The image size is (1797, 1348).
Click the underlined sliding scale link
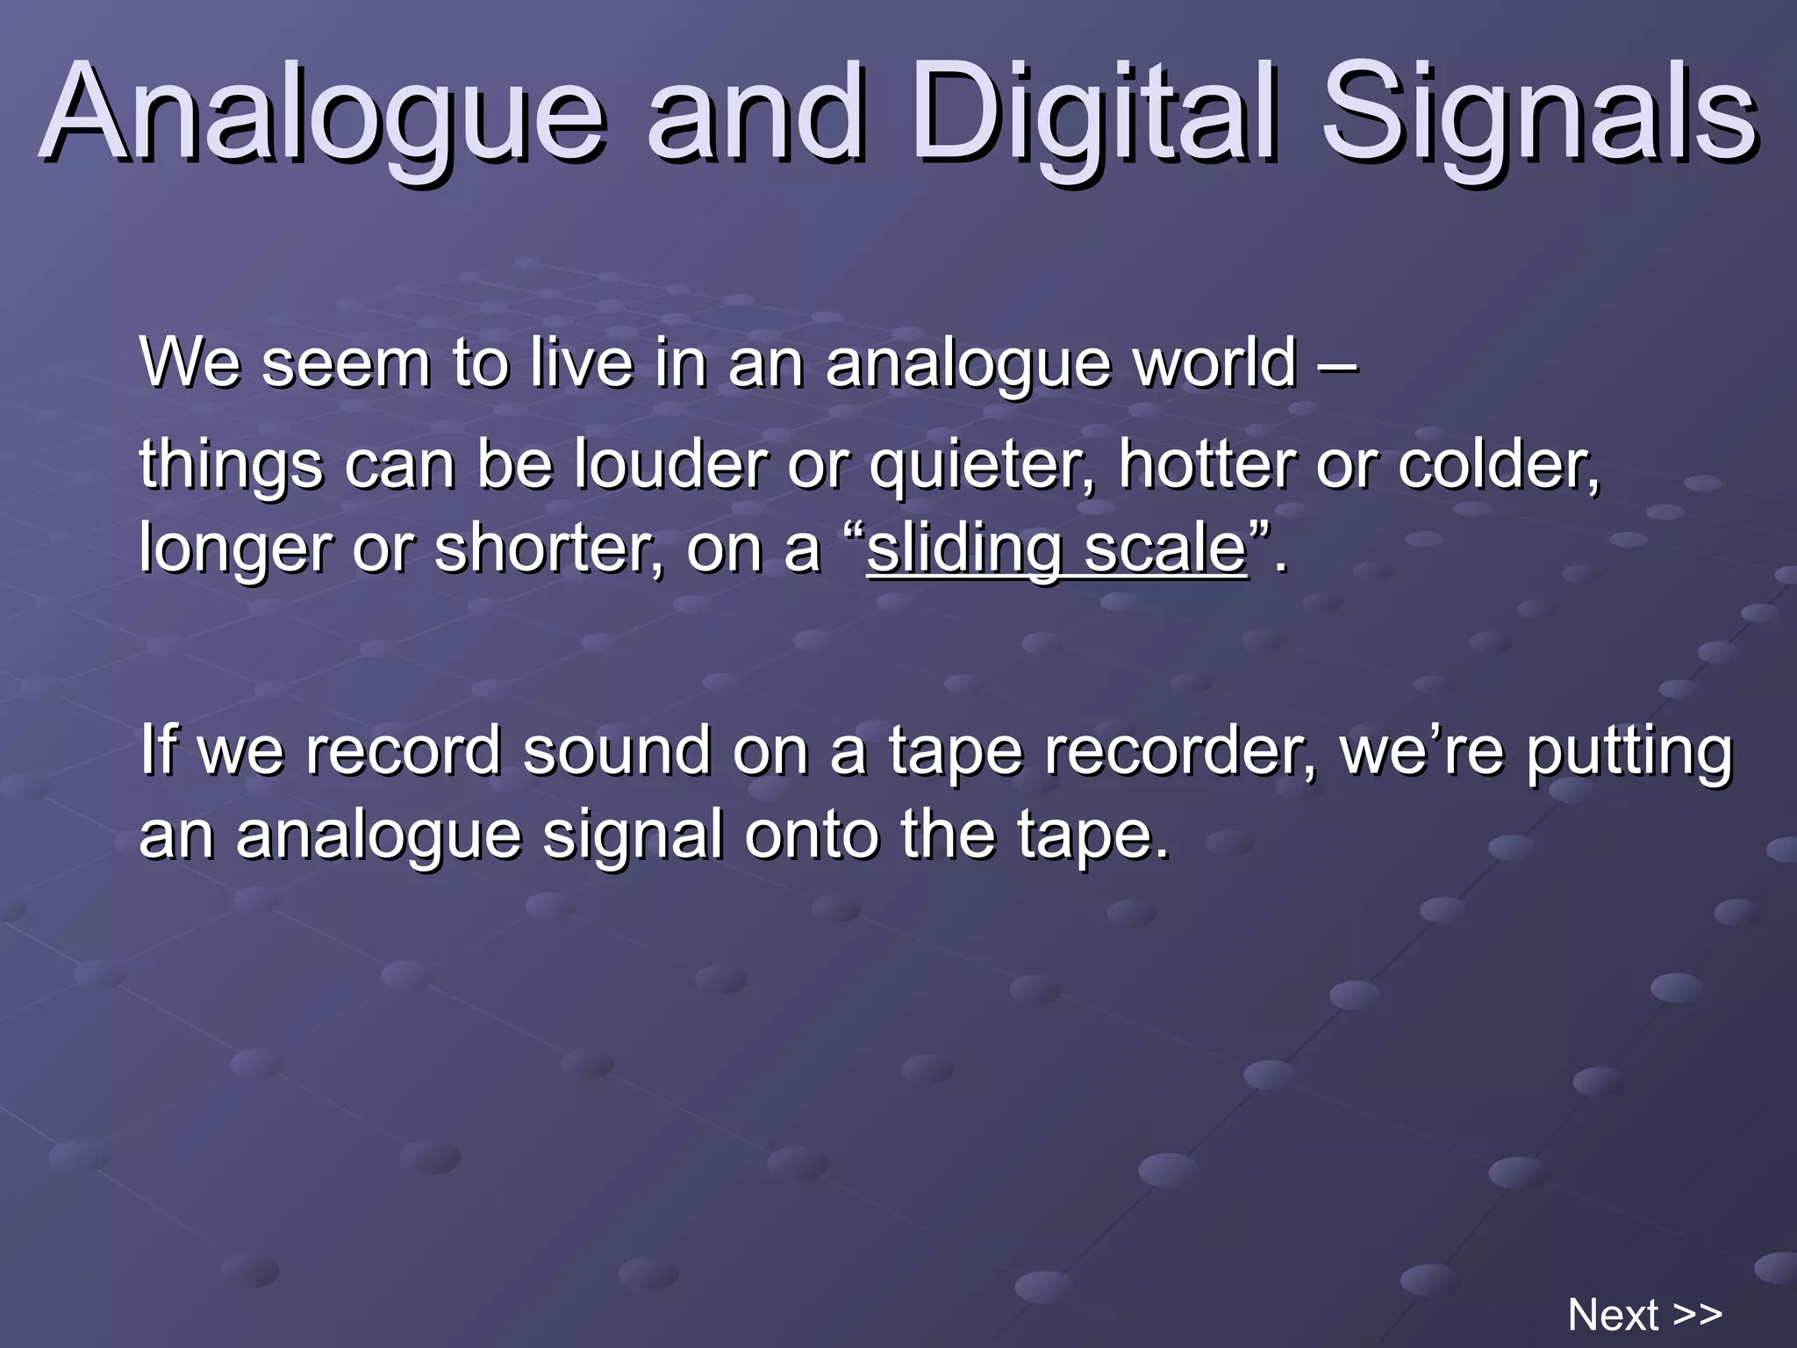click(1056, 549)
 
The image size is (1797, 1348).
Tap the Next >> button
click(1644, 1315)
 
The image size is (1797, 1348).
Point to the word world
click(1214, 362)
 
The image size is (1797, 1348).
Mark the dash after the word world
click(1339, 363)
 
